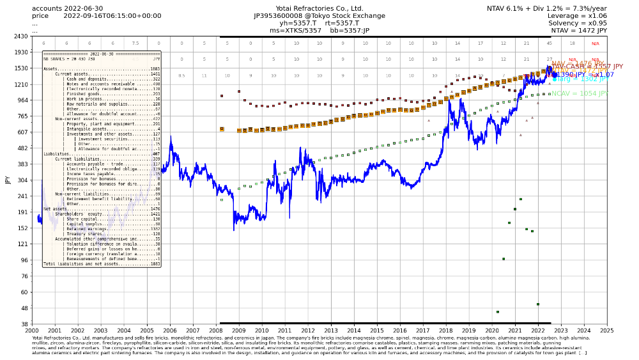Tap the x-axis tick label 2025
[606, 331]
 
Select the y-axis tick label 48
[23, 308]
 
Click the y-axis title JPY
[8, 180]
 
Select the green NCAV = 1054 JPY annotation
[580, 93]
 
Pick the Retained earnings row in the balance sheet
[102, 228]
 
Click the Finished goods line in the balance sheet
[102, 93]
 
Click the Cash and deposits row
[102, 79]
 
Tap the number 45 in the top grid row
[550, 43]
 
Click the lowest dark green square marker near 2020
[498, 312]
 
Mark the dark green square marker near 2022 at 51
[538, 304]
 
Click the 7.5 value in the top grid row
[135, 43]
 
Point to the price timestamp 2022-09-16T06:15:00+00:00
[112, 16]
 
